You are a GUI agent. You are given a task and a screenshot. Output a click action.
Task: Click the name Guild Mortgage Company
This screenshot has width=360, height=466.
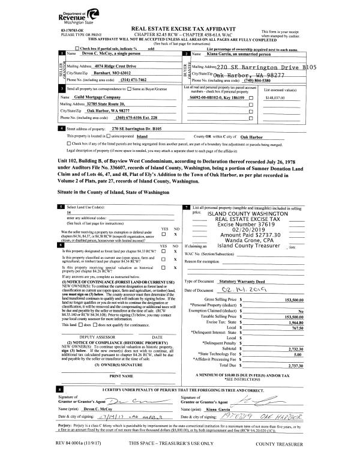pyautogui.click(x=92, y=97)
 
